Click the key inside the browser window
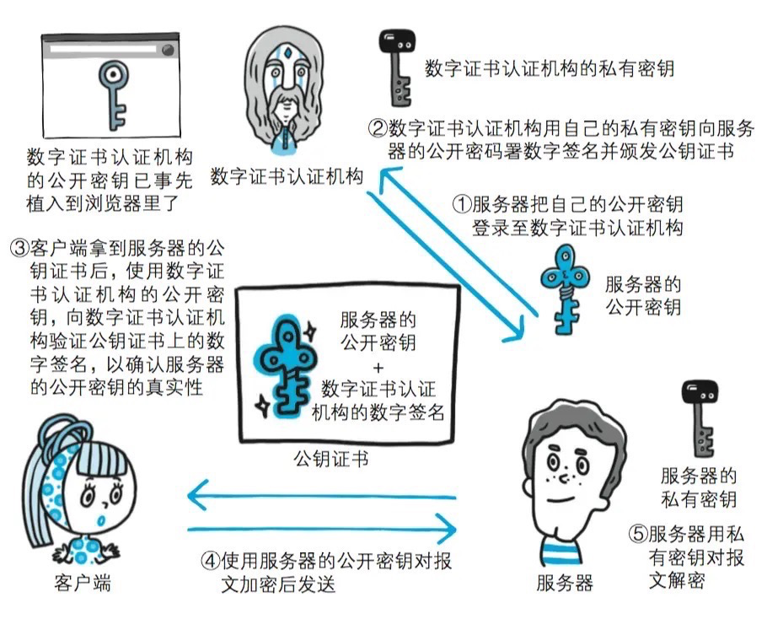pos(111,93)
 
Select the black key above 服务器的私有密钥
pos(698,422)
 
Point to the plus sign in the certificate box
pos(377,368)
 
